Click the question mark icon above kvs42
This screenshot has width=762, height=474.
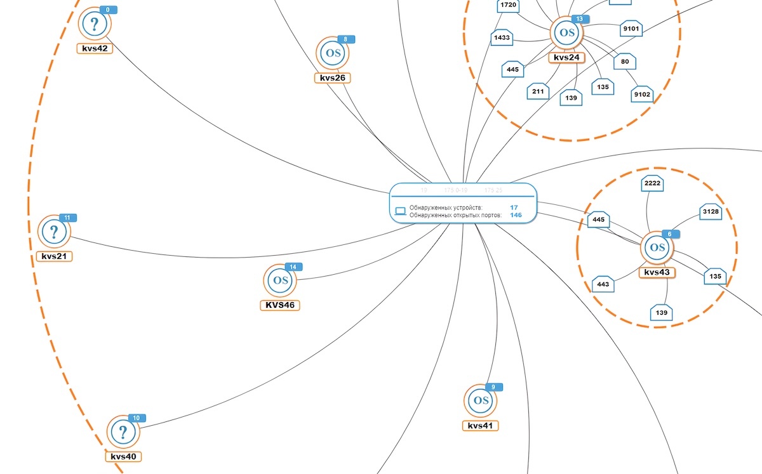[x=95, y=25]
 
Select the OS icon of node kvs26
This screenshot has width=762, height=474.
[x=333, y=53]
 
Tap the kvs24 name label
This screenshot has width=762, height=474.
[x=566, y=57]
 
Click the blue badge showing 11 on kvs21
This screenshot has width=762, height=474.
[x=67, y=218]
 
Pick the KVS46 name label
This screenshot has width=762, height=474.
[x=280, y=305]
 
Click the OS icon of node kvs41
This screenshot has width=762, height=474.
[x=481, y=400]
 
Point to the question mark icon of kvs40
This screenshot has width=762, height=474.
[x=123, y=432]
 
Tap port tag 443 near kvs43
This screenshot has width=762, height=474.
[x=603, y=284]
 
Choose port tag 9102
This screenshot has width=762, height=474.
[x=642, y=95]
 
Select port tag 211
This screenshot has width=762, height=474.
[x=537, y=92]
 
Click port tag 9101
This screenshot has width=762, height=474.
[x=632, y=29]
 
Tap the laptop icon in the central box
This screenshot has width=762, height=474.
[x=400, y=211]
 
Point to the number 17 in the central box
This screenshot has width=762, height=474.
[x=514, y=207]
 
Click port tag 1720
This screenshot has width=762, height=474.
[x=508, y=6]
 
